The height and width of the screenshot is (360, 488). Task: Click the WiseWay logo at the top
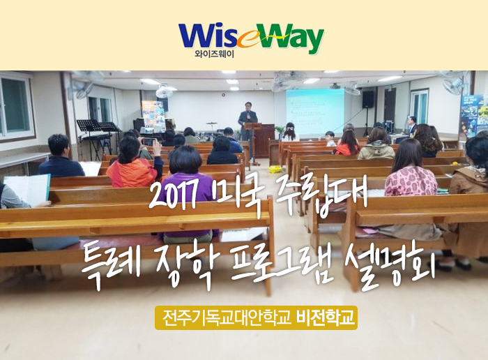pos(251,39)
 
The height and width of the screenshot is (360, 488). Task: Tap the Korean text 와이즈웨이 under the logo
pos(214,54)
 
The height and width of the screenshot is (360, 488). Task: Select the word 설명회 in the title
pos(390,264)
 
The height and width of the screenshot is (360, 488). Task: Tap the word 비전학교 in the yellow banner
pos(326,317)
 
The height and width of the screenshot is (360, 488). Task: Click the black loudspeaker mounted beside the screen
pos(368,99)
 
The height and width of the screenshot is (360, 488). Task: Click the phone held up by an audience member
pos(148,142)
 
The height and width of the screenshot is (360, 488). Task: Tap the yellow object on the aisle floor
pos(275,170)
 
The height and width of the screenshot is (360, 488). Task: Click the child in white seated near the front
pos(330,139)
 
